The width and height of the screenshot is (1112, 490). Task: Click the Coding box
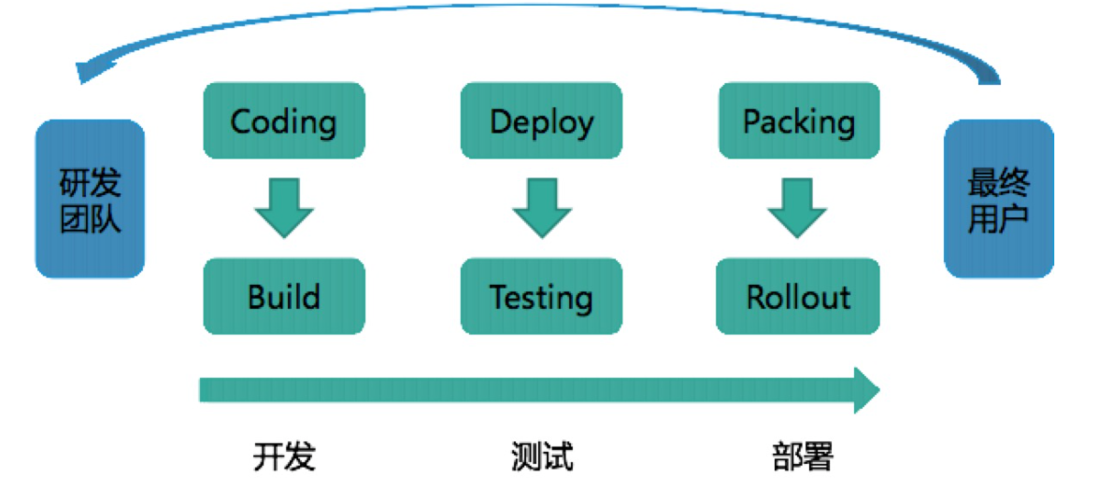283,120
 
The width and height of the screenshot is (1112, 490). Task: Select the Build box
283,296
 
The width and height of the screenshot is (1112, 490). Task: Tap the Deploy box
541,120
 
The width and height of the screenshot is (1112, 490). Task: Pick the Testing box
541,296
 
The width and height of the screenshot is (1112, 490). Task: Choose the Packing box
798,120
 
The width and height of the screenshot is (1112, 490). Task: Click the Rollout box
798,296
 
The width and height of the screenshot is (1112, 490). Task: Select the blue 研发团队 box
90,198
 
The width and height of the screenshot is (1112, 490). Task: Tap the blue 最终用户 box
998,198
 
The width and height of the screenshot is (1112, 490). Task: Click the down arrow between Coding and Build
283,208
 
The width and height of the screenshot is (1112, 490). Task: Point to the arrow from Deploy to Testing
541,208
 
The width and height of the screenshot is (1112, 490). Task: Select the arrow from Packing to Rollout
797,208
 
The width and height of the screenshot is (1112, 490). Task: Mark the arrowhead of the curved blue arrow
86,70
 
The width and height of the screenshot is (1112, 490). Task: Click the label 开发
284,456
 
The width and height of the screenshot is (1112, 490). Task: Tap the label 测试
542,456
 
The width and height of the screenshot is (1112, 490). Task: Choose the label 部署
802,456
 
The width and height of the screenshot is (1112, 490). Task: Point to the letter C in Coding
241,121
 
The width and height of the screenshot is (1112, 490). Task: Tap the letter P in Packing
752,121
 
